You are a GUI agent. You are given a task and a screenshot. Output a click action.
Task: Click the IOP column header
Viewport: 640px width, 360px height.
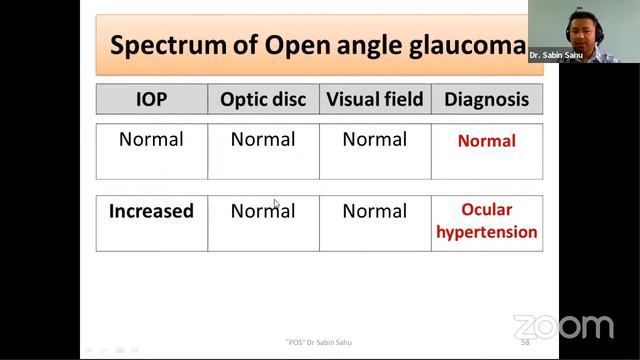click(151, 99)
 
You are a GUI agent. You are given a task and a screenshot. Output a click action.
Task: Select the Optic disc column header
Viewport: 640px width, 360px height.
click(263, 99)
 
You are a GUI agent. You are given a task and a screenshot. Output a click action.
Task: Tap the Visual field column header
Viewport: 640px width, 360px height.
click(375, 99)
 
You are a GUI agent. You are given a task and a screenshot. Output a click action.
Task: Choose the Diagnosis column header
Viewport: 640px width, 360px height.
click(487, 99)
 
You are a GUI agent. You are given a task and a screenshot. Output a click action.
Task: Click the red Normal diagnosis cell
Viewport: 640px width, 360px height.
click(487, 141)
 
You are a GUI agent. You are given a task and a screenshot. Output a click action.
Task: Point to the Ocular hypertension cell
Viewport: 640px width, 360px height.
click(487, 221)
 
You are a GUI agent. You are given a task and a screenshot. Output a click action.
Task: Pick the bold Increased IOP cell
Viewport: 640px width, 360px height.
click(151, 211)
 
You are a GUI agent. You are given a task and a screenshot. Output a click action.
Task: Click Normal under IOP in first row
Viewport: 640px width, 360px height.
click(151, 139)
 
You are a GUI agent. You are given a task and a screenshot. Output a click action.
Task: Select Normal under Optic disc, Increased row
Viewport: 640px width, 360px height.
click(263, 211)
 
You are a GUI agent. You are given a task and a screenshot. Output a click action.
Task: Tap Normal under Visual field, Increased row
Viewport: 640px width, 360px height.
click(375, 211)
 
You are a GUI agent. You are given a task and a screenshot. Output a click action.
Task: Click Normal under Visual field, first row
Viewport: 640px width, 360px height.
click(375, 139)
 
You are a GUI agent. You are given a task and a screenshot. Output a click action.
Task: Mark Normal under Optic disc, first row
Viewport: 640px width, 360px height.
click(263, 139)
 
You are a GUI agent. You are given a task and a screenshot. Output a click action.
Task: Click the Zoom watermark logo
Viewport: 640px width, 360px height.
click(563, 327)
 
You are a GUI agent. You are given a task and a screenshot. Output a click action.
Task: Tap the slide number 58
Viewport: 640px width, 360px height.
click(525, 343)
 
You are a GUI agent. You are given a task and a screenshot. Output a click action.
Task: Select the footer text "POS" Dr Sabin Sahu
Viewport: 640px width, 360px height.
click(318, 343)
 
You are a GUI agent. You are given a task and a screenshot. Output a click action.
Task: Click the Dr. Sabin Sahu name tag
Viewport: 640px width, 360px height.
click(556, 56)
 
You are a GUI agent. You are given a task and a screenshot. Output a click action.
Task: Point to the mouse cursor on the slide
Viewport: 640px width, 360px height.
click(276, 204)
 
